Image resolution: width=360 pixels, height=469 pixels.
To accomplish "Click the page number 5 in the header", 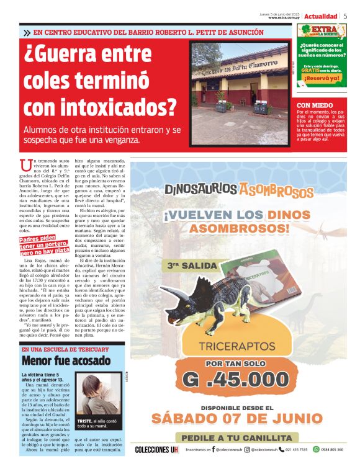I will [345, 16].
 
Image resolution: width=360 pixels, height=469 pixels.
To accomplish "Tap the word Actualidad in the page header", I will [321, 16].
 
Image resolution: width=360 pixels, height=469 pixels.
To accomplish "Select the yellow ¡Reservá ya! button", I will [322, 78].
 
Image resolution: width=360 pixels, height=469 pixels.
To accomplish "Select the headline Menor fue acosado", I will [57, 360].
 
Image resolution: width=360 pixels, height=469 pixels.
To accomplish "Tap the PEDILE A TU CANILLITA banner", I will [236, 437].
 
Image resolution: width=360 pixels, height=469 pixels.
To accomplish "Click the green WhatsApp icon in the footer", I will [316, 449].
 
